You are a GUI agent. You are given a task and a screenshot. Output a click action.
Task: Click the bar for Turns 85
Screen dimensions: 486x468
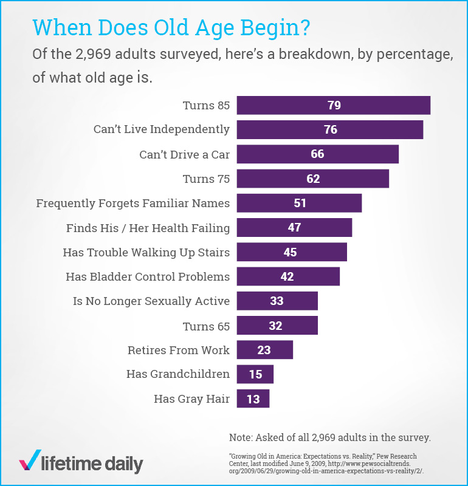coord(333,105)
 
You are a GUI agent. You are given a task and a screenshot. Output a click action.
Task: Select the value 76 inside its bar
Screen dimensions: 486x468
coord(330,129)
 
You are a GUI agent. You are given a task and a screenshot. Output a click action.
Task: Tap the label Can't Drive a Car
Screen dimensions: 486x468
coord(185,154)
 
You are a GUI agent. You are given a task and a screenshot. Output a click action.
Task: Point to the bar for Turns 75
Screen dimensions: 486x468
coord(312,179)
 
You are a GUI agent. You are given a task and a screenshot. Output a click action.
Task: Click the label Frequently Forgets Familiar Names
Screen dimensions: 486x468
coord(133,203)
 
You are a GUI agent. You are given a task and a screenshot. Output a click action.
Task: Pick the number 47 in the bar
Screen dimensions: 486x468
coord(294,228)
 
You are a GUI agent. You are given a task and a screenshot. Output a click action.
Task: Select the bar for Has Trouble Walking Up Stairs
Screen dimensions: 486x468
coord(291,252)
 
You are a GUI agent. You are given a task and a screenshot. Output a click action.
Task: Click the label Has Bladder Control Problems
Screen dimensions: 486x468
coord(148,276)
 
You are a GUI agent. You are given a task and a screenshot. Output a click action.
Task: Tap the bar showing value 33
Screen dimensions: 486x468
coord(277,301)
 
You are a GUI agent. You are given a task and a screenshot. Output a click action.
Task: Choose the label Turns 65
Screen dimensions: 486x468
coord(206,326)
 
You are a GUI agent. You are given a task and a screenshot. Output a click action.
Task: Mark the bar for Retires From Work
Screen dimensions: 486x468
coord(264,350)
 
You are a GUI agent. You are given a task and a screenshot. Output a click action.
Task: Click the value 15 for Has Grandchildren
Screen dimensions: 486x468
coord(255,374)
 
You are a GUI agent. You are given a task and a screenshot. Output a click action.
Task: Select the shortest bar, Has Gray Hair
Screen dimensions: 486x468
coord(252,399)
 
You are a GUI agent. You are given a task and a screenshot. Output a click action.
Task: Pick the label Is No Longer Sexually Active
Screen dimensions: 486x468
coord(151,301)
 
